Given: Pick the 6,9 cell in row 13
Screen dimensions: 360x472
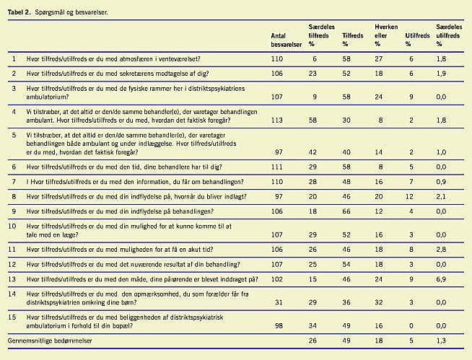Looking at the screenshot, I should [441, 278].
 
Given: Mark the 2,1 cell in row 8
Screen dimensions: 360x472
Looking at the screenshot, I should [441, 196].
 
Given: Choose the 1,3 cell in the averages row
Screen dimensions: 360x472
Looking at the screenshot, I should [441, 339].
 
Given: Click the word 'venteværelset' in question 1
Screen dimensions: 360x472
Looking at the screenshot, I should [175, 58].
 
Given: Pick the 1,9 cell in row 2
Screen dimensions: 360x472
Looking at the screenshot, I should [441, 73].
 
